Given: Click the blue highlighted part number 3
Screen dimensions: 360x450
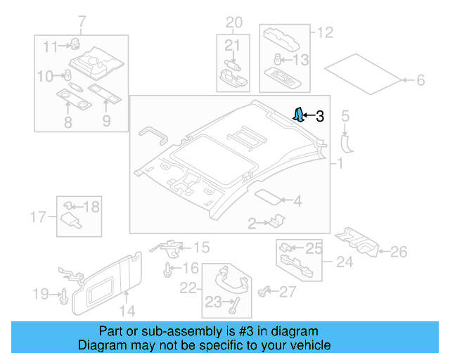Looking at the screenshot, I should [x=299, y=115].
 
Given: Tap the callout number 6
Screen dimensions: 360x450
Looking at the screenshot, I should [x=420, y=81].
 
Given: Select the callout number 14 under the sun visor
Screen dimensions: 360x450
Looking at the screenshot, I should [x=127, y=309].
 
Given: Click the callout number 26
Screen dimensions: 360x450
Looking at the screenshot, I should [x=399, y=250].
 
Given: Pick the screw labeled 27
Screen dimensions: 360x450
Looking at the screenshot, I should [x=266, y=290].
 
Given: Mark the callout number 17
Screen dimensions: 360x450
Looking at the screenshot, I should [x=39, y=215].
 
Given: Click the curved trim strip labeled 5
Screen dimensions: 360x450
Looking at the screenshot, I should [x=346, y=142].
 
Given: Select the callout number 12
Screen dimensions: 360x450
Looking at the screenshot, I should [x=326, y=32].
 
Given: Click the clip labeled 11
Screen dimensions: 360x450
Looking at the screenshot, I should [x=74, y=44].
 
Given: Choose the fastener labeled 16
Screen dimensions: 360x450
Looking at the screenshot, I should [x=167, y=269].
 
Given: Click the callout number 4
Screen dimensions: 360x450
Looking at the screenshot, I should [x=297, y=202].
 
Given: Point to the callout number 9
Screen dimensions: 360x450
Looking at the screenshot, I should [x=107, y=121].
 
